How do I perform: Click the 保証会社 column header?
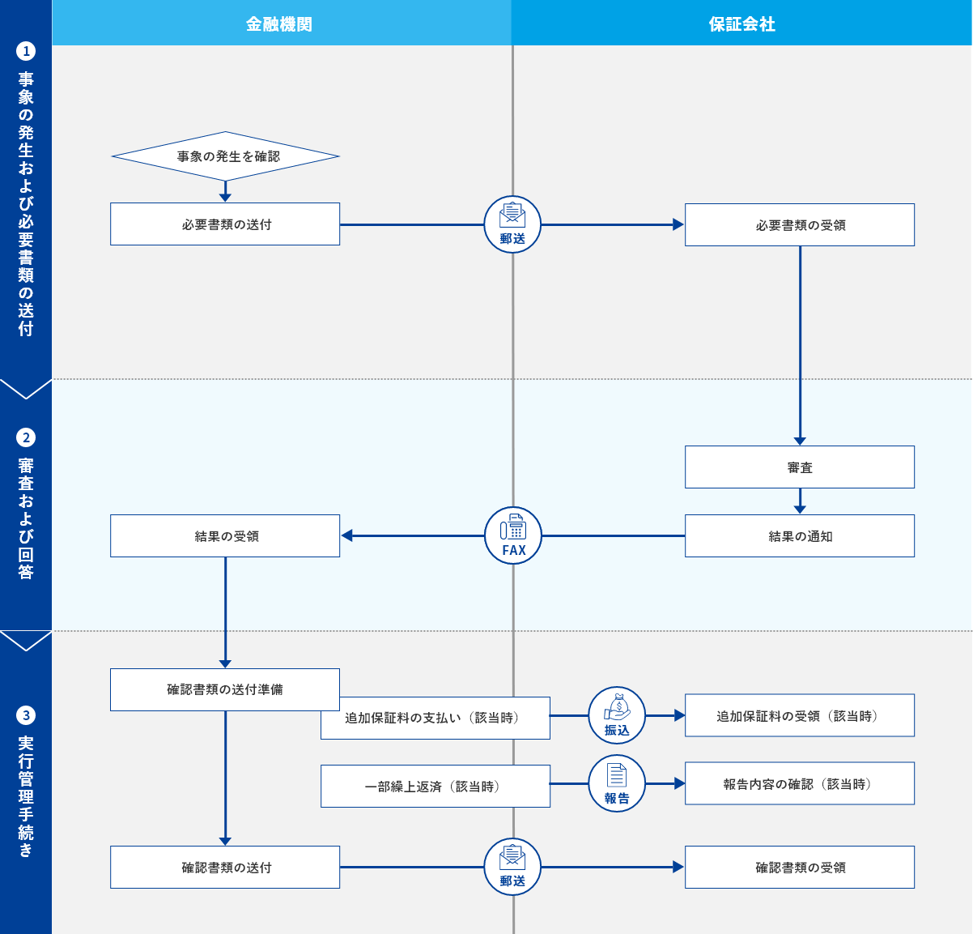pos(741,23)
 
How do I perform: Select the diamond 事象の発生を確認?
pos(226,156)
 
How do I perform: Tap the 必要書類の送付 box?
pos(225,224)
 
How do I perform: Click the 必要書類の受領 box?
pos(800,224)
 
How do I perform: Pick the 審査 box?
pos(800,467)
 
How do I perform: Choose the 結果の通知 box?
pos(800,535)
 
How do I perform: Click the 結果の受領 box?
pos(225,535)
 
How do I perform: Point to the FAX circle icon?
pos(513,535)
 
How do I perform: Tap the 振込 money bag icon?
pos(617,715)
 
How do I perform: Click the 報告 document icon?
pos(617,783)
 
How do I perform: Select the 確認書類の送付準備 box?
pos(225,689)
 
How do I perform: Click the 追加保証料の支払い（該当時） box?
pos(436,718)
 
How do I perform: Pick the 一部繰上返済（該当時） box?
pos(436,786)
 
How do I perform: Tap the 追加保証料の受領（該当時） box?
pos(800,715)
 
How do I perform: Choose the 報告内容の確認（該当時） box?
pos(800,783)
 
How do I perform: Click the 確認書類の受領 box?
pos(800,867)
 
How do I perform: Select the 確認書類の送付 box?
pos(225,867)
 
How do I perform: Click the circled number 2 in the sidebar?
pos(26,437)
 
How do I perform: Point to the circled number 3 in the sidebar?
pos(26,715)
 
